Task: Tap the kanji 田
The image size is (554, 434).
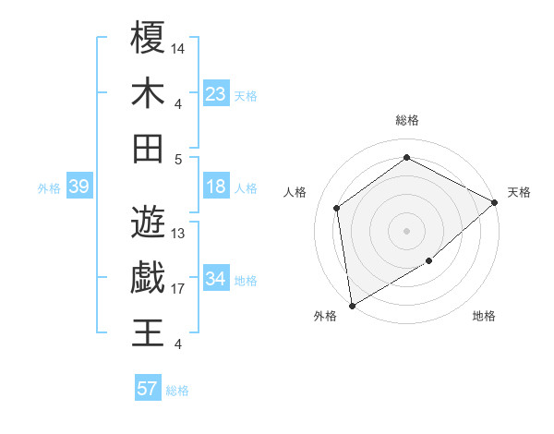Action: click(148, 148)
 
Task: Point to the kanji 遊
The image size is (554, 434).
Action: click(148, 222)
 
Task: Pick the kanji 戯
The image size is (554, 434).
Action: click(148, 277)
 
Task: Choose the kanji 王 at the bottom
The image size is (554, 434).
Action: click(148, 332)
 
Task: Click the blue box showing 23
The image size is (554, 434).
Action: click(216, 93)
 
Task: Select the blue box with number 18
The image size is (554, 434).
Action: click(216, 187)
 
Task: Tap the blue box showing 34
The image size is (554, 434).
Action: click(216, 278)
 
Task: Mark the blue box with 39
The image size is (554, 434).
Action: click(78, 187)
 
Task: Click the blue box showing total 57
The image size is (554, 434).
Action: click(148, 389)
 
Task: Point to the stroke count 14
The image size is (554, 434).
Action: click(179, 47)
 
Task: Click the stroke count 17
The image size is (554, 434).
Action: click(179, 289)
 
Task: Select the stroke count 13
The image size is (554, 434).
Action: click(179, 234)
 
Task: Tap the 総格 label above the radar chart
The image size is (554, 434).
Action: click(407, 120)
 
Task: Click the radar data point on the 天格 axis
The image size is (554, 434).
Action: click(495, 202)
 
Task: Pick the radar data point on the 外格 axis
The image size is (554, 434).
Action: click(352, 306)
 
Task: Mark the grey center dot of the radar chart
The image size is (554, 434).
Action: click(407, 229)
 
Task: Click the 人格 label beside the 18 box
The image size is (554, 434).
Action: click(246, 188)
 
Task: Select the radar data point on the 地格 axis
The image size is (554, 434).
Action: click(429, 262)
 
